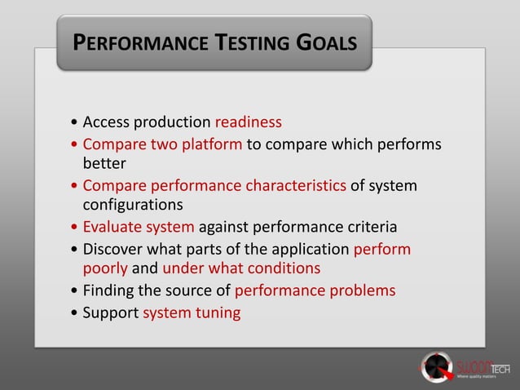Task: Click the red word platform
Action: [x=213, y=144]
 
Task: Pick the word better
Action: [x=104, y=163]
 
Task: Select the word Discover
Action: [x=115, y=248]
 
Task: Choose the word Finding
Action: [x=109, y=290]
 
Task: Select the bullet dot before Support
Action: [x=75, y=313]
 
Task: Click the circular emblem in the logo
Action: [x=436, y=366]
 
